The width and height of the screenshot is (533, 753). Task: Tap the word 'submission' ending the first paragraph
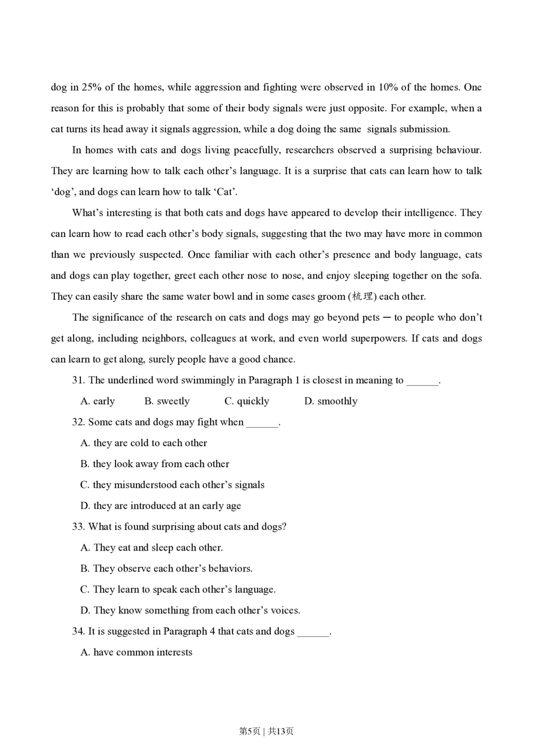(424, 129)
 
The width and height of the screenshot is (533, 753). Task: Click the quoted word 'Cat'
(225, 192)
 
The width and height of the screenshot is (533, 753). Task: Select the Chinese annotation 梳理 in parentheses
(362, 297)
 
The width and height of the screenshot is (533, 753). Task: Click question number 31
(78, 380)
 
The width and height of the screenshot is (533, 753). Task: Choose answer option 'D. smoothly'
(330, 402)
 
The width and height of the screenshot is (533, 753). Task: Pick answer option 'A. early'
(98, 402)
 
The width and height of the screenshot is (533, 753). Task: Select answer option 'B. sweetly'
(167, 402)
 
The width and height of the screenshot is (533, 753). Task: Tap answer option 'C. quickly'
(247, 402)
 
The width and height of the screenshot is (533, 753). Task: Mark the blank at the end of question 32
(262, 423)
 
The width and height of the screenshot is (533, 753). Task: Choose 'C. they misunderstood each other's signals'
(172, 485)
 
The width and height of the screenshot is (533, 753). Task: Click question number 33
(78, 527)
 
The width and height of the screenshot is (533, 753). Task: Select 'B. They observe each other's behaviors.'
(166, 569)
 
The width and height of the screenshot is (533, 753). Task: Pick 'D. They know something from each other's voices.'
(190, 611)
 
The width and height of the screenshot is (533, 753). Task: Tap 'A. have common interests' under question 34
(136, 652)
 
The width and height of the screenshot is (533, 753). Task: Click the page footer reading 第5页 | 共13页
(266, 731)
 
